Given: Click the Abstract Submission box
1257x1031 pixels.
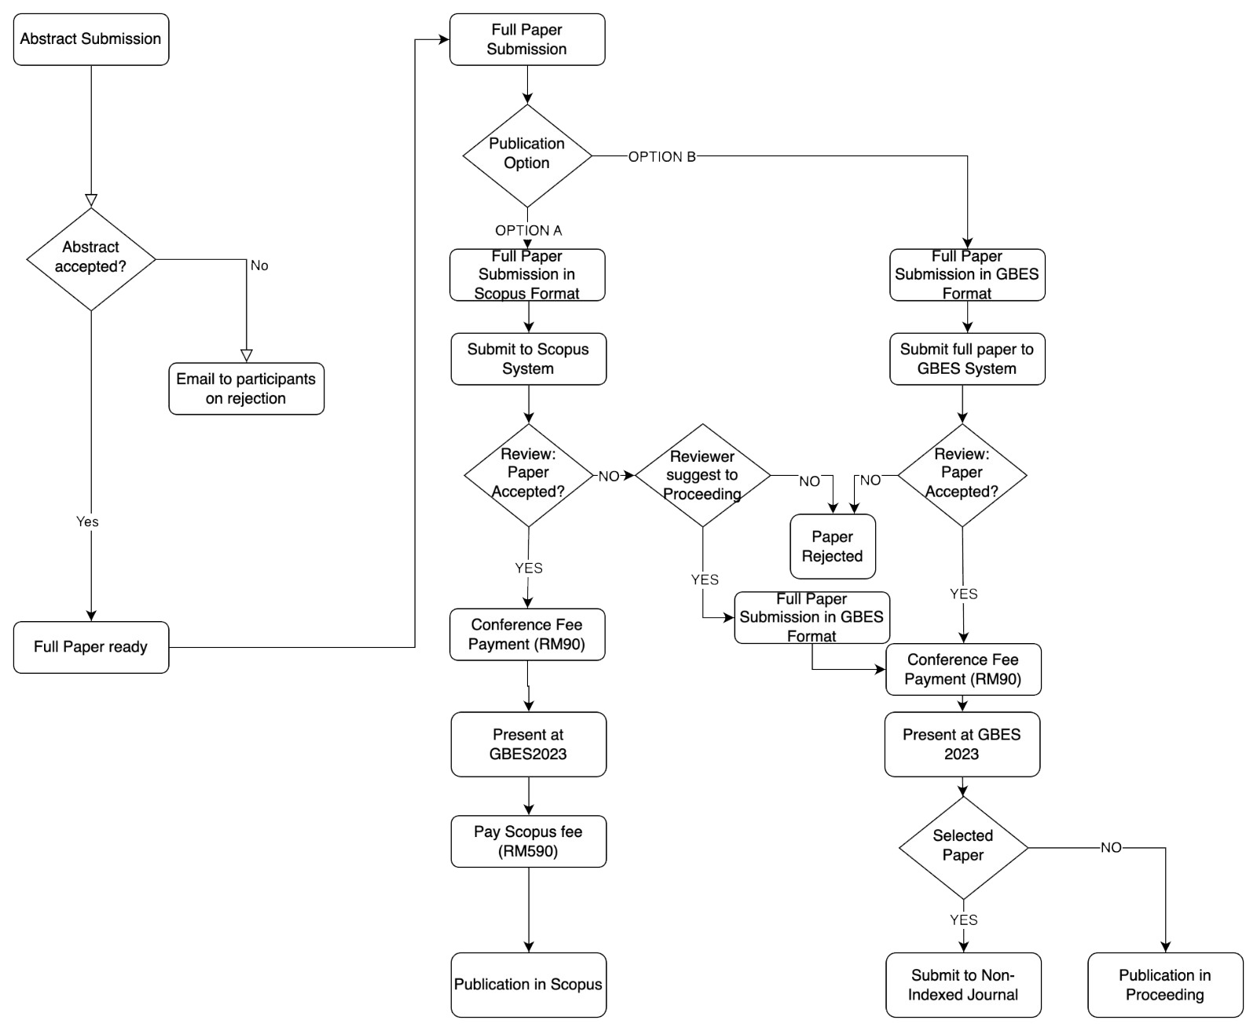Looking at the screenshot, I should click(91, 39).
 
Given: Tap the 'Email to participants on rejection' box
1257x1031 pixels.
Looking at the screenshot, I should click(246, 389).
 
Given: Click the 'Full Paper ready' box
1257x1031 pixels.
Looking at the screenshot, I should click(91, 647).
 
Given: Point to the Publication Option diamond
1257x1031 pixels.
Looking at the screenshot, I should click(527, 155).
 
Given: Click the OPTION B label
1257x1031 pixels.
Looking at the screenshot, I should click(661, 157).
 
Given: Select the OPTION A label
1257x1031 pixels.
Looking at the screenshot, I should click(528, 230).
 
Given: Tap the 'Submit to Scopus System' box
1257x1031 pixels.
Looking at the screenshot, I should click(528, 359).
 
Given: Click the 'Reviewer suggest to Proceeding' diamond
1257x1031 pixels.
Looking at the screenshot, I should click(702, 475).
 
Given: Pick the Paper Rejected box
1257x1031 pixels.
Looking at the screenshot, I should click(832, 547).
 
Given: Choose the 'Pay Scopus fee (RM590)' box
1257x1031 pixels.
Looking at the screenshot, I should click(528, 842).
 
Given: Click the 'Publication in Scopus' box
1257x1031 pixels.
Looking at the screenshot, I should click(528, 985).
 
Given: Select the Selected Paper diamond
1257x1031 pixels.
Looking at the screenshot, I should click(963, 846).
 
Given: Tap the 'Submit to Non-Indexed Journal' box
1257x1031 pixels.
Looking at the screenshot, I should click(963, 985).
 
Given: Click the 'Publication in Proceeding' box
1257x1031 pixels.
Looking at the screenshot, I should click(1165, 985).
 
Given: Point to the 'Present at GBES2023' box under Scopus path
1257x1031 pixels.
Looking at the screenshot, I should click(528, 744).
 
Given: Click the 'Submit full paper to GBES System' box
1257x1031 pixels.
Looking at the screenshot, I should click(967, 359).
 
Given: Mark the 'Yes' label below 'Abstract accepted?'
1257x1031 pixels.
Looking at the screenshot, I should click(87, 521).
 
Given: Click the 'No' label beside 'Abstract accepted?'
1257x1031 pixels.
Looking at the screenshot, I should click(259, 266).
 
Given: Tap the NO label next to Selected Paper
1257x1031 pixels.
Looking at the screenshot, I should click(1111, 848).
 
